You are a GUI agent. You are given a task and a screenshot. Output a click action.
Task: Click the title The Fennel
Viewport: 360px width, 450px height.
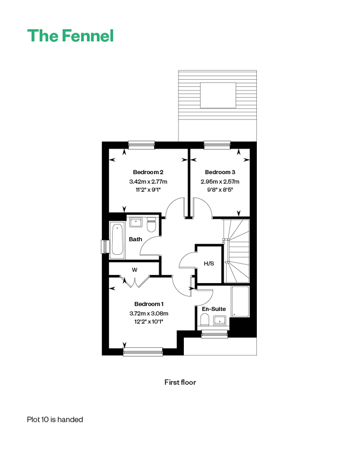[x=71, y=36]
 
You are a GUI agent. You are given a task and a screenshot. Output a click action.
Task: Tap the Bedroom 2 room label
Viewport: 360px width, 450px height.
[x=148, y=172]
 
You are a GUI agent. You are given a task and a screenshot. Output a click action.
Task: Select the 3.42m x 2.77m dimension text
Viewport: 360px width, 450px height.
[x=148, y=182]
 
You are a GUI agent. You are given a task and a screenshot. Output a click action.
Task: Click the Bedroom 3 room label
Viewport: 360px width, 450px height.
[x=220, y=172]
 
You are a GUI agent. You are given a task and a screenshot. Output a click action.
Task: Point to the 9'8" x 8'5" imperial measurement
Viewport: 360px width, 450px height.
[x=220, y=189]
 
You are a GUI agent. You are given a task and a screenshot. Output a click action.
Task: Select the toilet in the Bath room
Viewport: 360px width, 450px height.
[x=151, y=225]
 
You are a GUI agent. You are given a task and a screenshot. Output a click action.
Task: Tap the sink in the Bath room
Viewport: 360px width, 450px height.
[x=135, y=222]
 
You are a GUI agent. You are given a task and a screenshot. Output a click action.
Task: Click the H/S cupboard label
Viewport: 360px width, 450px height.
[x=209, y=263]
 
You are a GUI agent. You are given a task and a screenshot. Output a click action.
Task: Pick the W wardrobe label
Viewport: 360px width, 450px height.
[x=135, y=270]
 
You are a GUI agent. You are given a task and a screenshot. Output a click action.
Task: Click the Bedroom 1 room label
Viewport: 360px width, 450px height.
[x=149, y=304]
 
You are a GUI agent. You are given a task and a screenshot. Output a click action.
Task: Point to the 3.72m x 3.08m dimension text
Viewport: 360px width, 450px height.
[x=149, y=313]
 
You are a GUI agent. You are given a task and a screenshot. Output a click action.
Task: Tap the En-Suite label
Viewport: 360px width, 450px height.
[x=214, y=309]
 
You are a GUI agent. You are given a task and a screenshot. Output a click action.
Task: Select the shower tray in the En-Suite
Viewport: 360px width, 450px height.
[x=240, y=301]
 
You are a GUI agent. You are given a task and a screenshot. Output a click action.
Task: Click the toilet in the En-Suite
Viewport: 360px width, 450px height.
[x=204, y=320]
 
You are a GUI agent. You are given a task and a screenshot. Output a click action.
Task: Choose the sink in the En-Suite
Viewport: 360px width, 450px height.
[x=220, y=321]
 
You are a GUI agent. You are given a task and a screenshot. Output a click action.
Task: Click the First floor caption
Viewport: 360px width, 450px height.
[x=180, y=382]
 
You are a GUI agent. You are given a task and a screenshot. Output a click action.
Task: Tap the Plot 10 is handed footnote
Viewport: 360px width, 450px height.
[x=55, y=420]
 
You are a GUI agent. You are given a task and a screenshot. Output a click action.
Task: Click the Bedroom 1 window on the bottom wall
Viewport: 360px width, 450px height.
[x=143, y=352]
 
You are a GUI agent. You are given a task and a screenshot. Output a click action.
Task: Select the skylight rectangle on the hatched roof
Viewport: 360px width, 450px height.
[x=218, y=95]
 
